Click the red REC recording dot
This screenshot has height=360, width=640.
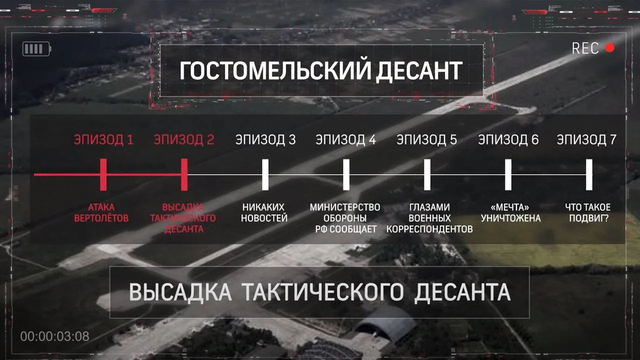coord(609,48)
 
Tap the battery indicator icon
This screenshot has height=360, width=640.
coord(37,49)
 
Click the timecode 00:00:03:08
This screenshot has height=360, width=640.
coord(54,336)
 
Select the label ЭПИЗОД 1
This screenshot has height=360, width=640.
coord(103,139)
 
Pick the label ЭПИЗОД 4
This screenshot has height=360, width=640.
coord(345,139)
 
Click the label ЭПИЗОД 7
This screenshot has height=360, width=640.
coord(586,139)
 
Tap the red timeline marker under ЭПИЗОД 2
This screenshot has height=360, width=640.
coord(184,174)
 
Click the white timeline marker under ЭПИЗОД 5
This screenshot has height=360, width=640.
coord(427,174)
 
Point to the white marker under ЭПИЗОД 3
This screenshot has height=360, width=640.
coord(265,174)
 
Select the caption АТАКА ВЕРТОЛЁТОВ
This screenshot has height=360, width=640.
coord(101,212)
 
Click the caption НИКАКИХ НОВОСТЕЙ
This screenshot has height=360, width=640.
coord(264,212)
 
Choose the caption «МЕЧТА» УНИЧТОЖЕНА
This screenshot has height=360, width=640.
coord(510,212)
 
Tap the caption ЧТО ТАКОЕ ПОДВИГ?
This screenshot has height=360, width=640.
coord(588,212)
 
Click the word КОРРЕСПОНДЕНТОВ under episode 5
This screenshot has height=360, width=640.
coord(429,229)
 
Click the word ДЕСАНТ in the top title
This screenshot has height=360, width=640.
coord(419,70)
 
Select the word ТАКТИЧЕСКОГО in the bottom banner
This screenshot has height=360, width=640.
coord(322,292)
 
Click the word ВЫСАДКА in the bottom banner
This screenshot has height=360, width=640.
coord(180,292)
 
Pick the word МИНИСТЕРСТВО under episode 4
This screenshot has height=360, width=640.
coord(345,207)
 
